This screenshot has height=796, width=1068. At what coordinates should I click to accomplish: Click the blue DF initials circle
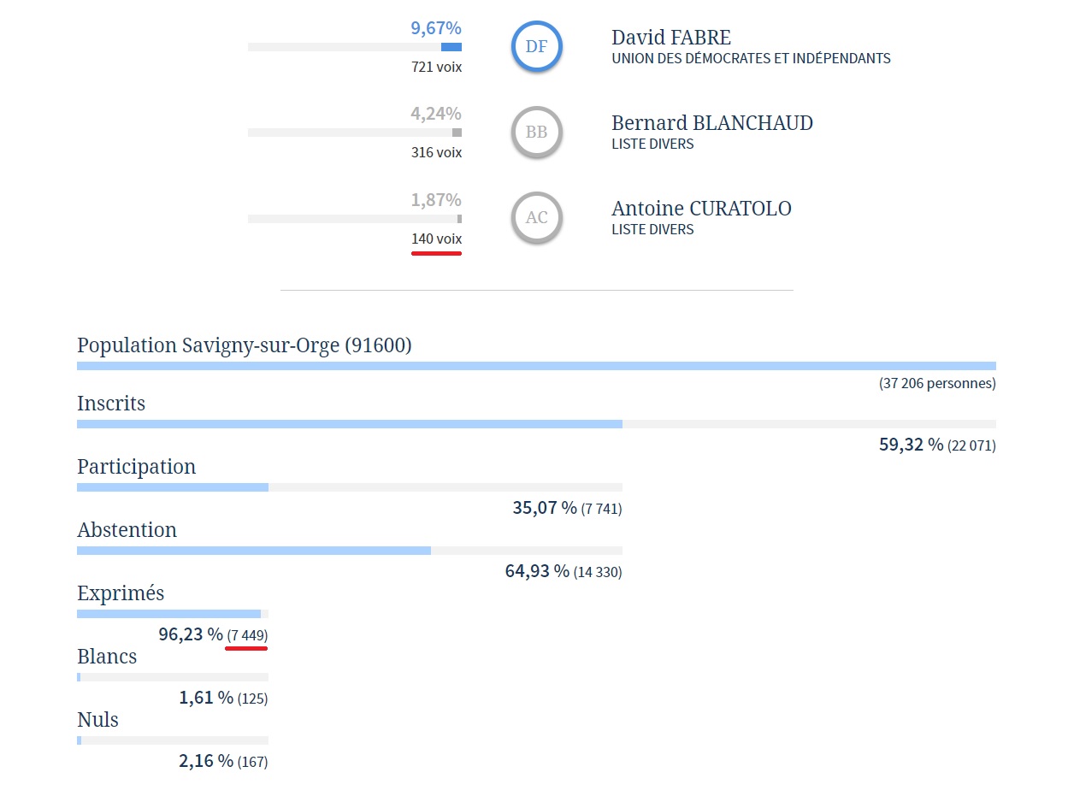coord(536,46)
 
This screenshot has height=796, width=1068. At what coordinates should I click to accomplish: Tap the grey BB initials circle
coord(536,133)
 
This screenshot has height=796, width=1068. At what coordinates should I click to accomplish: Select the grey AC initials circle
coord(536,218)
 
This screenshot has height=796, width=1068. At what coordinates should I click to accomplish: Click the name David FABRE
coord(671,38)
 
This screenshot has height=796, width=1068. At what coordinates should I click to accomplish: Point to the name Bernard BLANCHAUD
coord(711,123)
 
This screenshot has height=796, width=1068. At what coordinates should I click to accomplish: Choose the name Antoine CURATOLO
coord(701,209)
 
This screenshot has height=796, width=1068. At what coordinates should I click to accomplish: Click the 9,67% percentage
coord(436,28)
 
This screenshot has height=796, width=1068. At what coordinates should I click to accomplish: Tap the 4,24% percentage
coord(436,114)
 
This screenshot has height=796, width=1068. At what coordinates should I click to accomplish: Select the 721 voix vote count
coord(436,67)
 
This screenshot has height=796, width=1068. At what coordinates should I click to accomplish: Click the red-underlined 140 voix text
coord(436,239)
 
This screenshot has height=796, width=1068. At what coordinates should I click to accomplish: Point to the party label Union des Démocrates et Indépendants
coord(751,59)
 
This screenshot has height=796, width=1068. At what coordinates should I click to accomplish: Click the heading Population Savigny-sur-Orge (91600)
coord(245,345)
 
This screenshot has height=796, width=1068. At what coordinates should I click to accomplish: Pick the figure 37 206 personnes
coord(937,384)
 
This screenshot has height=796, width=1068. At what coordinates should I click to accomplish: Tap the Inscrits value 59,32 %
coord(911,445)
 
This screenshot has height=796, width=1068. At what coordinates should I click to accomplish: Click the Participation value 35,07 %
coord(545,508)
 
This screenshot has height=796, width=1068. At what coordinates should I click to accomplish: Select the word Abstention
coord(127,530)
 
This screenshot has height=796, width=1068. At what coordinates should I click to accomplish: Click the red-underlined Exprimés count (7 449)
coord(247,635)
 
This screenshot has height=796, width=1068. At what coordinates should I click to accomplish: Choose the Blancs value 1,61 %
coord(206,698)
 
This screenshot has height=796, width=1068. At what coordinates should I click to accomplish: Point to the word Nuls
coord(97,720)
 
